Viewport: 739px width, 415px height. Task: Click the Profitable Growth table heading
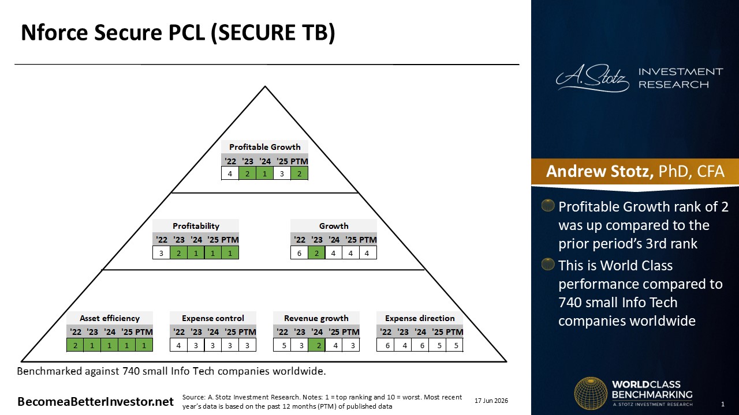tap(264, 147)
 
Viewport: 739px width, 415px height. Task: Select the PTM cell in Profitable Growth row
tap(299, 173)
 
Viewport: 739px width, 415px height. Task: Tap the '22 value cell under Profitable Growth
tap(230, 173)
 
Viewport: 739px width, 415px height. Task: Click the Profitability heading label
tap(196, 226)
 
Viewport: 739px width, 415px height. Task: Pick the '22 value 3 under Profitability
tap(161, 253)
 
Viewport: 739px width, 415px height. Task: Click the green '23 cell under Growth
tap(316, 253)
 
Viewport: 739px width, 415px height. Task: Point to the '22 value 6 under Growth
tap(299, 253)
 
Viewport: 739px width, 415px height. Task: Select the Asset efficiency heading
tap(110, 318)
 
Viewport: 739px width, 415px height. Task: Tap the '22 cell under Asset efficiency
tap(75, 345)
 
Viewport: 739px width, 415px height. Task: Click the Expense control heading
tap(213, 318)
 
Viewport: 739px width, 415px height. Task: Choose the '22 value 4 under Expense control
tap(178, 345)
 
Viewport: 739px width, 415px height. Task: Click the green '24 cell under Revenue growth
tap(317, 345)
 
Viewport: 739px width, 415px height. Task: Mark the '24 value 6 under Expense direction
tap(422, 345)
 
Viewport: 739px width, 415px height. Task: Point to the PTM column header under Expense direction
tap(454, 331)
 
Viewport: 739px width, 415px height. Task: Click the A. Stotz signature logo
tap(592, 78)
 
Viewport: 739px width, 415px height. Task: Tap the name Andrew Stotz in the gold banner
tap(599, 171)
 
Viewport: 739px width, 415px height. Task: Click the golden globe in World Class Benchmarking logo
tap(591, 393)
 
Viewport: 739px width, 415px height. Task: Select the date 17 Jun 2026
tap(491, 401)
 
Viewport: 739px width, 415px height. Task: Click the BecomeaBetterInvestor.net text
tap(95, 402)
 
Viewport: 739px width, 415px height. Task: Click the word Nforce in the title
tap(55, 33)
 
